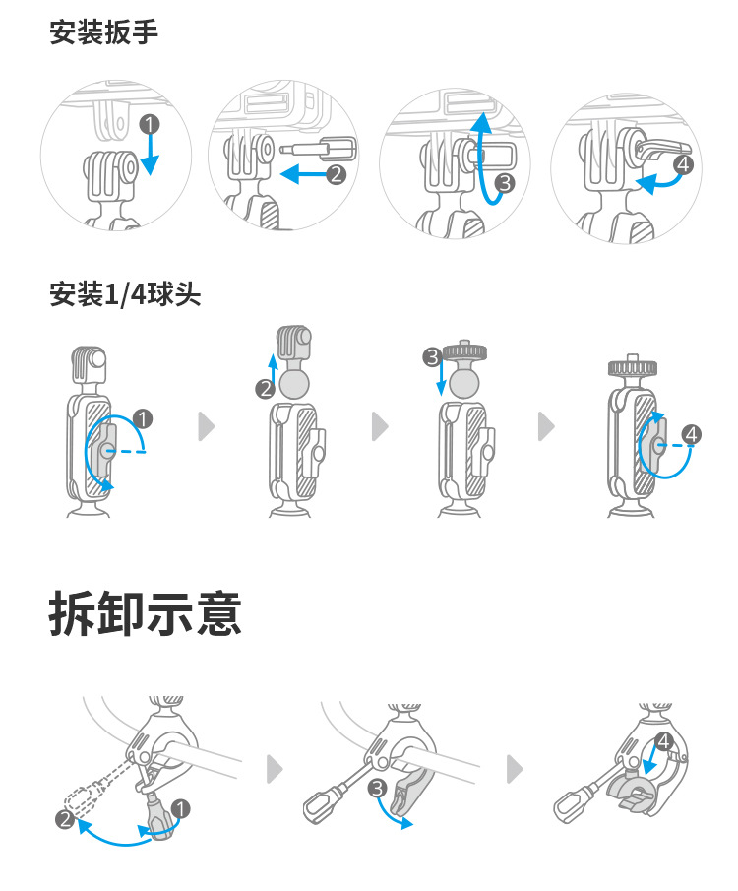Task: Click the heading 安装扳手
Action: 103,32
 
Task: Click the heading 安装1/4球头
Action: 125,293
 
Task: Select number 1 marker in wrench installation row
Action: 149,124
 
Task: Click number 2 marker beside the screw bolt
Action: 337,174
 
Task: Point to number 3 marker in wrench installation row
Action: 505,181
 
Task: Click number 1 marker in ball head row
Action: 143,419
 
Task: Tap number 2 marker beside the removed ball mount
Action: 264,389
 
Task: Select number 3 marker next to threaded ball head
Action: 431,356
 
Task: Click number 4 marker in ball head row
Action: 692,433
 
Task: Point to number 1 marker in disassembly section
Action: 181,807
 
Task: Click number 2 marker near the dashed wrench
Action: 65,819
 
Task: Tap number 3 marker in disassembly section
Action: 377,788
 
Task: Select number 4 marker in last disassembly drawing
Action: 663,740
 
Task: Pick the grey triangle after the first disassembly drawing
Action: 277,767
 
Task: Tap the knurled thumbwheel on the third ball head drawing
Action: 466,351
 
